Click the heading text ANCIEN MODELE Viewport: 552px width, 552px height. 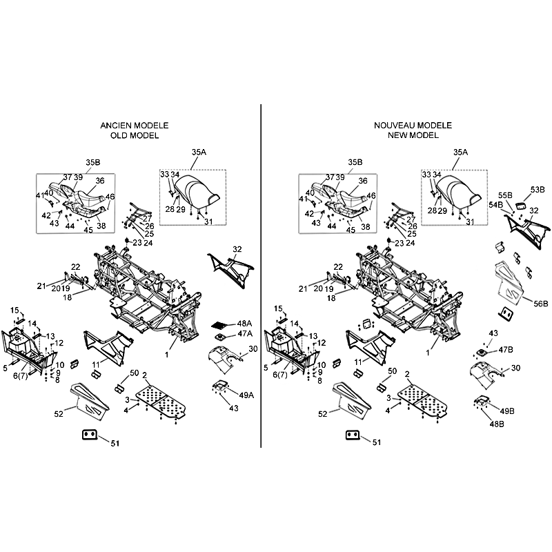[135, 126]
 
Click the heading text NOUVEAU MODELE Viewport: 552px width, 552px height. [413, 126]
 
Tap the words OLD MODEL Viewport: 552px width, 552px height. [135, 135]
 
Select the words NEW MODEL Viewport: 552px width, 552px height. [413, 135]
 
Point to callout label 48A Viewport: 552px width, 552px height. [244, 324]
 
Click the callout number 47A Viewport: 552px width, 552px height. [245, 334]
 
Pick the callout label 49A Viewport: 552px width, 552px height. [246, 395]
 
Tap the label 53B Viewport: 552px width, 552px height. [538, 190]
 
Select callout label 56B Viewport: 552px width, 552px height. [541, 304]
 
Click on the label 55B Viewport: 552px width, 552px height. [505, 195]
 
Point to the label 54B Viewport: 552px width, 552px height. [495, 205]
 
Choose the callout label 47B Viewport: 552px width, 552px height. [506, 350]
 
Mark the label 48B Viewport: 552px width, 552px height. [497, 424]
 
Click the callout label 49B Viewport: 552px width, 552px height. [507, 411]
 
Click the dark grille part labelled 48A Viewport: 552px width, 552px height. [221, 324]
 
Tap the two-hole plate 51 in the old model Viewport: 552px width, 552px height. [90, 435]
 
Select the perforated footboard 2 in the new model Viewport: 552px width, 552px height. [423, 401]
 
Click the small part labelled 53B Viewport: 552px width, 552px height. [521, 206]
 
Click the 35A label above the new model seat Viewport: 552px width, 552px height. [460, 152]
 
